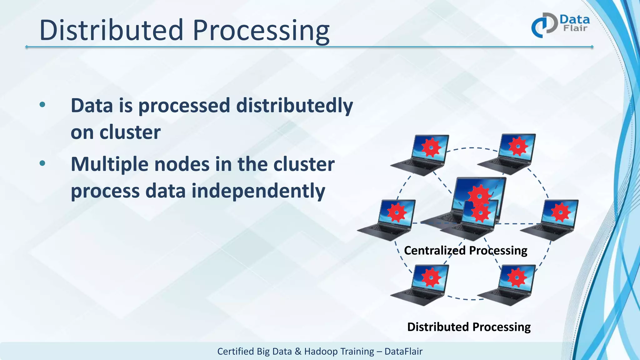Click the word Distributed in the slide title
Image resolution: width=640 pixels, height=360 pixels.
pyautogui.click(x=111, y=30)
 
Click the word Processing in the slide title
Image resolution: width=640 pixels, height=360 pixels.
pyautogui.click(x=261, y=31)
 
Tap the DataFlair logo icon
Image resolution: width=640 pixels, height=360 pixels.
pyautogui.click(x=544, y=25)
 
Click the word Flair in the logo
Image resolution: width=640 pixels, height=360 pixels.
pyautogui.click(x=575, y=28)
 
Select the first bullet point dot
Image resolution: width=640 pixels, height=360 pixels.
pyautogui.click(x=42, y=105)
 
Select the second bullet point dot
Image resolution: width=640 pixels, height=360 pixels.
pyautogui.click(x=42, y=163)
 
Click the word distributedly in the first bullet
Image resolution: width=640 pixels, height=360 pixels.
pyautogui.click(x=294, y=106)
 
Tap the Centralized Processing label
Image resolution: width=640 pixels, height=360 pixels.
pyautogui.click(x=465, y=251)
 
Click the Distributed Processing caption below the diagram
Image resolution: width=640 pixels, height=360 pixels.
pyautogui.click(x=469, y=327)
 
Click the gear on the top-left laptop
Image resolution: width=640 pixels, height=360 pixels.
pyautogui.click(x=431, y=147)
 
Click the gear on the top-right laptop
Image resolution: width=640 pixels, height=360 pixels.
pyautogui.click(x=518, y=146)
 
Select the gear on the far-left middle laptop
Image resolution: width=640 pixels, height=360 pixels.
pyautogui.click(x=397, y=212)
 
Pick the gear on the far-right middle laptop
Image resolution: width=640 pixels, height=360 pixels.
pyautogui.click(x=561, y=212)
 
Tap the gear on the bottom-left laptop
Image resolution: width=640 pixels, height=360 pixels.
pyautogui.click(x=431, y=277)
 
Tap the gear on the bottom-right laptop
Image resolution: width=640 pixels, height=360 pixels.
pyautogui.click(x=517, y=277)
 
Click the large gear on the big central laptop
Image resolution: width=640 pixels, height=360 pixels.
pyautogui.click(x=479, y=194)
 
